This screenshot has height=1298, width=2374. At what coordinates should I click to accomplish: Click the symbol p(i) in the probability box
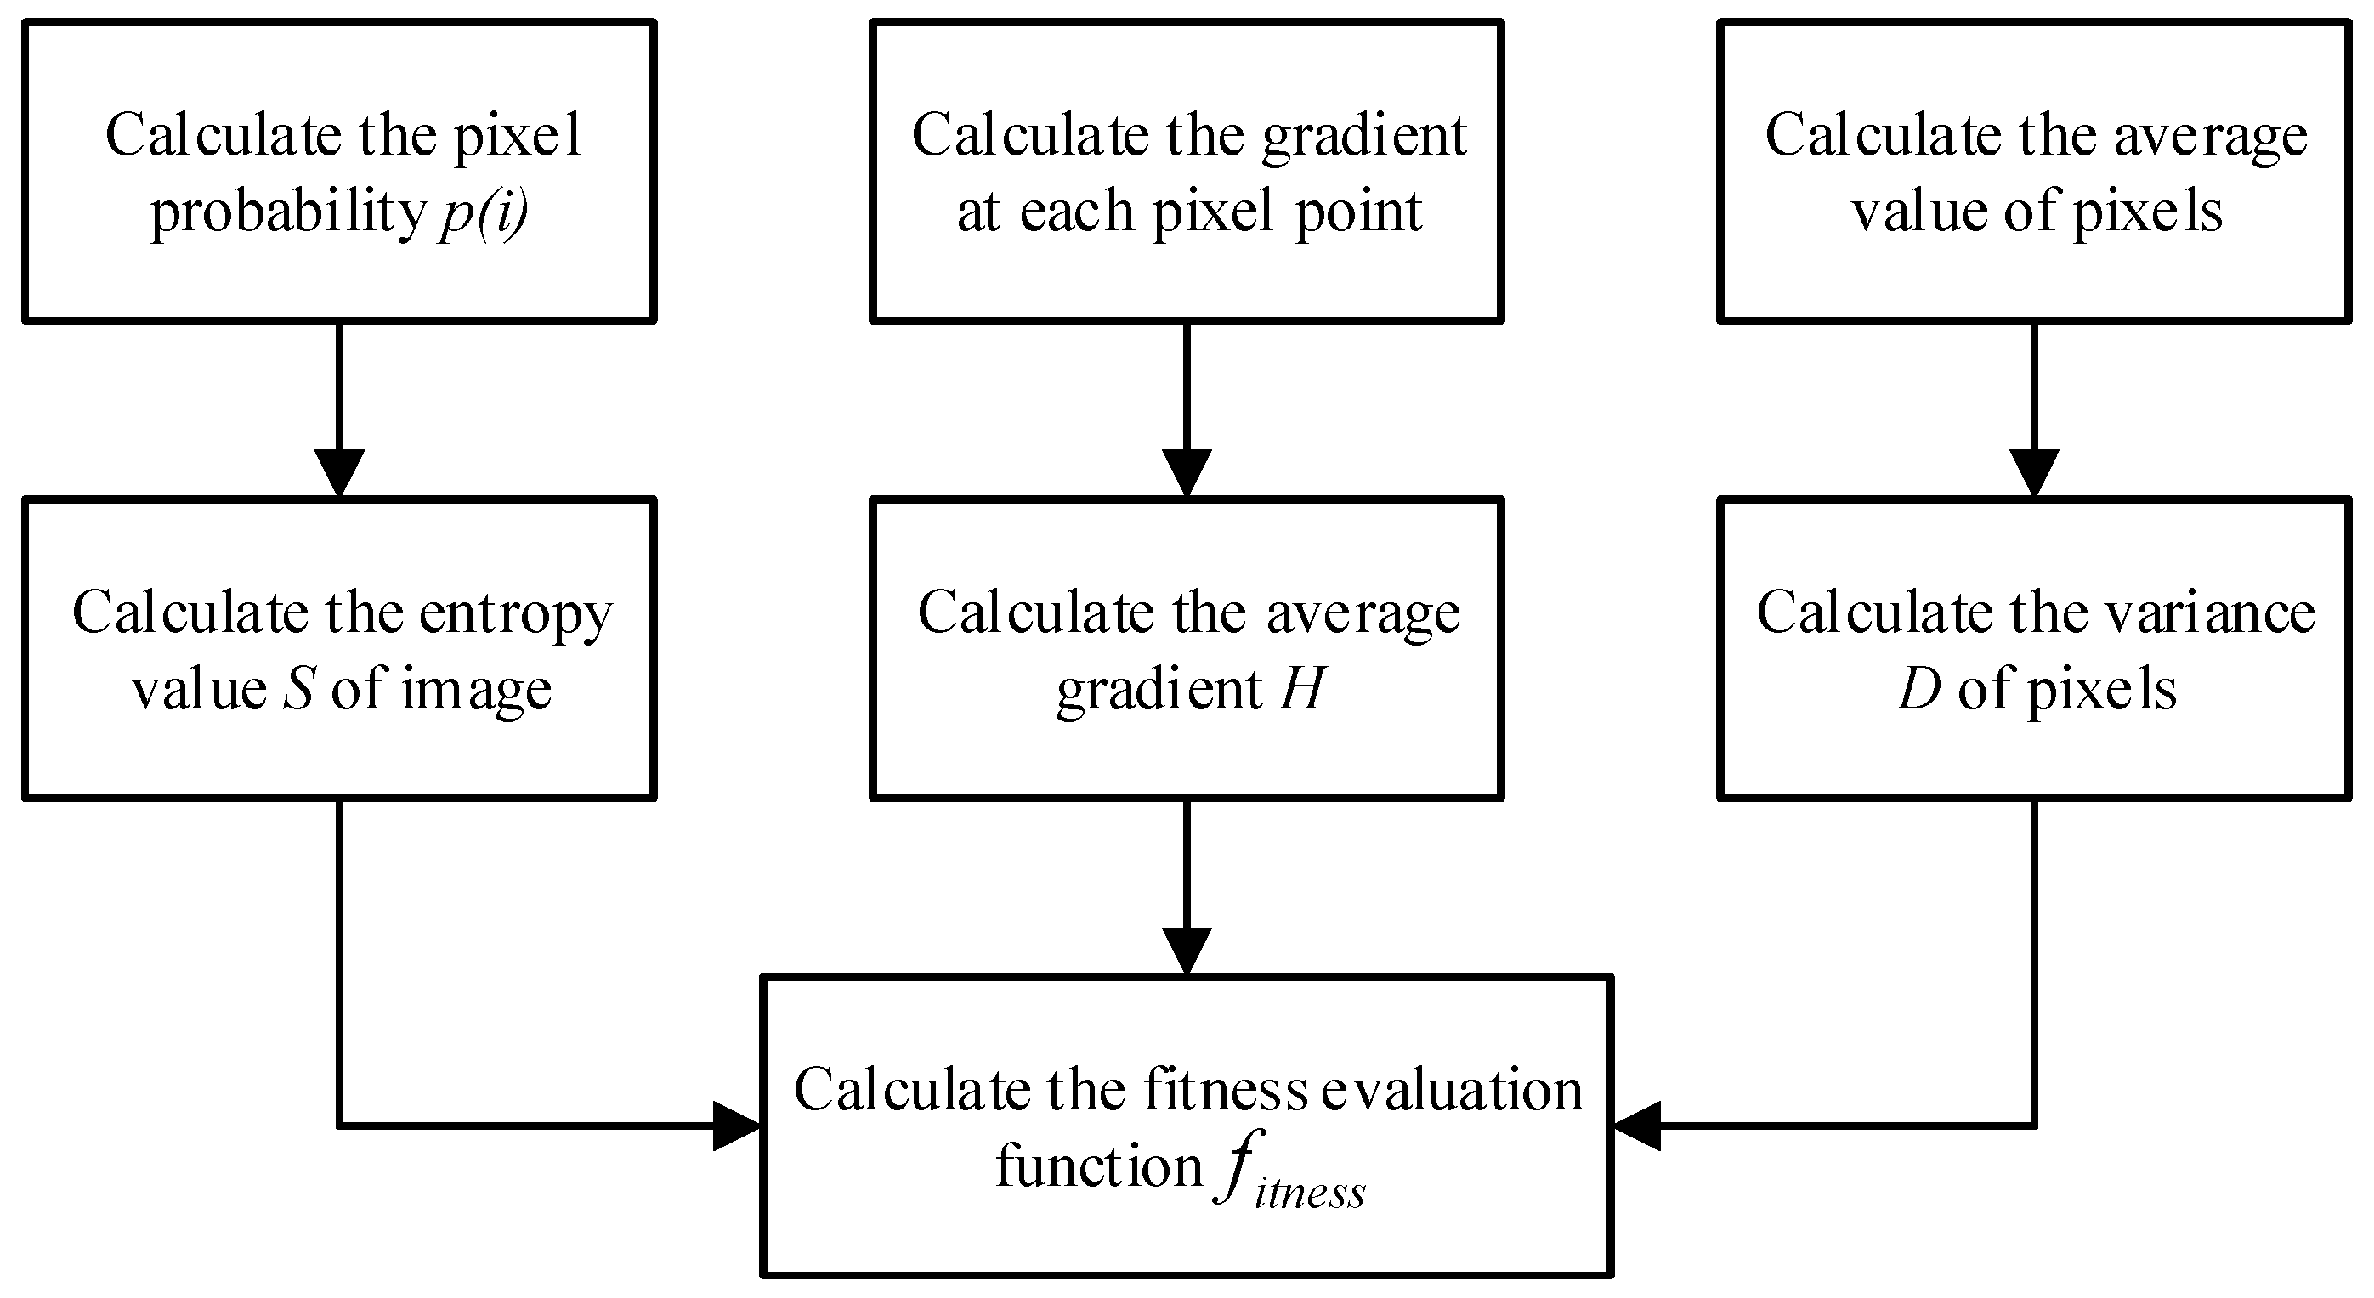[x=484, y=214]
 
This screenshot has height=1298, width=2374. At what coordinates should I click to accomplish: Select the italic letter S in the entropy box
[x=298, y=690]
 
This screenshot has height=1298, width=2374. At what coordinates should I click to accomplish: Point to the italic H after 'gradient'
[x=1301, y=690]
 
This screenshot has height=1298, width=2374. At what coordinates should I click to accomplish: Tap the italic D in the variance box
[x=1918, y=690]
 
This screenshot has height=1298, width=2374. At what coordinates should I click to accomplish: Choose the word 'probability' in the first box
[x=287, y=214]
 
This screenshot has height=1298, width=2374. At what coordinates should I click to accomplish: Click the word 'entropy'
[x=516, y=614]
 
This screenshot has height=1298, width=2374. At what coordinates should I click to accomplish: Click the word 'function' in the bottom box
[x=1099, y=1167]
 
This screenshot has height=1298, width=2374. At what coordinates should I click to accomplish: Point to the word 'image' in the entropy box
[x=477, y=690]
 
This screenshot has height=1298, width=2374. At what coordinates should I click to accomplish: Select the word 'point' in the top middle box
[x=1358, y=212]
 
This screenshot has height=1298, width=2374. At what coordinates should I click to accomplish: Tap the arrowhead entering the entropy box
[x=339, y=472]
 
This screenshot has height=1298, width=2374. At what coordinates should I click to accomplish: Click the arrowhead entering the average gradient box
[x=1186, y=472]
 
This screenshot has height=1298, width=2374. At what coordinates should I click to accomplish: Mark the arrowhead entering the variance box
[x=2034, y=472]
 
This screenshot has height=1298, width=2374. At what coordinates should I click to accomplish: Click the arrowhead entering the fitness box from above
[x=1186, y=951]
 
